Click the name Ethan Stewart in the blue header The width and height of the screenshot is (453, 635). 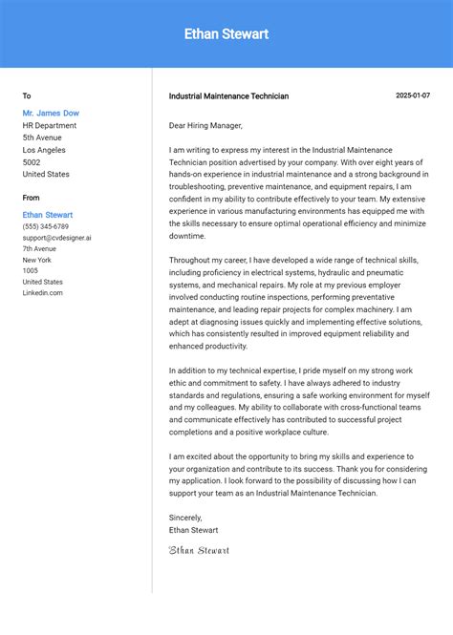(226, 34)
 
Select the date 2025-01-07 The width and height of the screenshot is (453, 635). (413, 95)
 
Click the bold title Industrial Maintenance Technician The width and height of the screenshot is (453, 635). (228, 96)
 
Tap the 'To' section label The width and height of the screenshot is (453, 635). (27, 95)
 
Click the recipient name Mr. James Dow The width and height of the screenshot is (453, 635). (51, 113)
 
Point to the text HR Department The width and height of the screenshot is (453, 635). (50, 125)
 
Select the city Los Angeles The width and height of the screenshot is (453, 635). (44, 150)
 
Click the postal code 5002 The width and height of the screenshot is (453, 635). (32, 162)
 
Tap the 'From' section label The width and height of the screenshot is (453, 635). (32, 198)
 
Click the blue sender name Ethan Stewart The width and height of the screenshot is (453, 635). (48, 215)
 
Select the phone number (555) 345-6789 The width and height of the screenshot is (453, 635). (46, 226)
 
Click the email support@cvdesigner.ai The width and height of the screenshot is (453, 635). (57, 238)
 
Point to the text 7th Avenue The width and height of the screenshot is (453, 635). (39, 248)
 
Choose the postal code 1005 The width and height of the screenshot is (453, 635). (31, 270)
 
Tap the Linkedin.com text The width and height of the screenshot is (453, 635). (43, 292)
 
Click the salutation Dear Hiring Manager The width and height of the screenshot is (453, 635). (205, 125)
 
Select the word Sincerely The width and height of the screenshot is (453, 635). (185, 518)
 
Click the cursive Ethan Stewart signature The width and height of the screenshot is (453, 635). (199, 550)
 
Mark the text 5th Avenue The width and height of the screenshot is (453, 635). (42, 138)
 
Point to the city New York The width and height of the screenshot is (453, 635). (37, 260)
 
